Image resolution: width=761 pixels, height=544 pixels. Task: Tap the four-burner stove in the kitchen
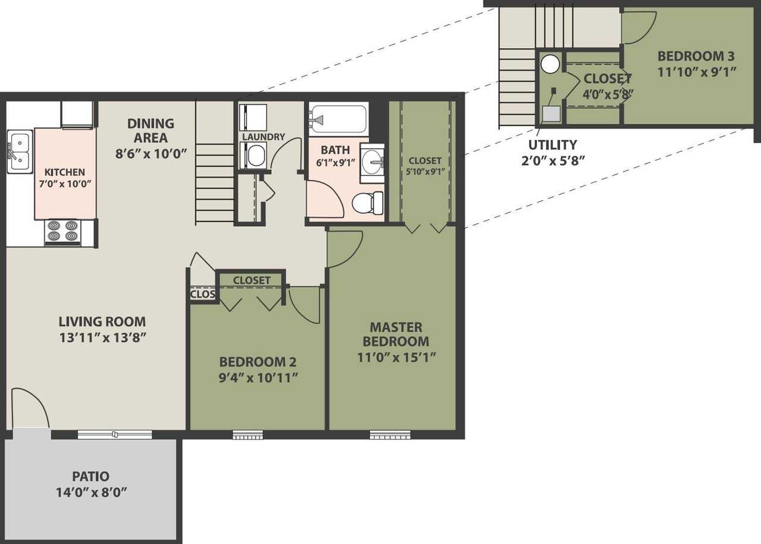coord(63,232)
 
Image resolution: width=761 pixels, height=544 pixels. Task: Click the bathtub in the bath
coord(339,119)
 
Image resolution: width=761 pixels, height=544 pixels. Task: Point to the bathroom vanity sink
coord(373,160)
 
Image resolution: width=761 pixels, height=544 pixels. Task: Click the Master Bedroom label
coord(395,334)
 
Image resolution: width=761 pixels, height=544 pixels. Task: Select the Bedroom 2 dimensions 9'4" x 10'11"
coord(258,377)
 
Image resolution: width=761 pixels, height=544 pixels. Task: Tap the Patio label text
coord(90,476)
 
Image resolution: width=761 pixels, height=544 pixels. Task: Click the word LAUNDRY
coord(263,137)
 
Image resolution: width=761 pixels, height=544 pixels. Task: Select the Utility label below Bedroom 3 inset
coord(552,145)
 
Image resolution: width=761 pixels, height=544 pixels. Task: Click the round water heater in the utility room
coord(551,64)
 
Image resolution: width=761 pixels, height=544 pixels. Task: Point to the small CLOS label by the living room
coord(203,294)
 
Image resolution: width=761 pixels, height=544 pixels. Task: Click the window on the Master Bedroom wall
coord(390,435)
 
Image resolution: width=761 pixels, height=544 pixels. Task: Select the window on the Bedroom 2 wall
coord(247,435)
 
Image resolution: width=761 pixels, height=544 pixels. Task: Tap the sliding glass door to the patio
coord(115,435)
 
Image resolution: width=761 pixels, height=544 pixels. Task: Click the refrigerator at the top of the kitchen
coord(77,114)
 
